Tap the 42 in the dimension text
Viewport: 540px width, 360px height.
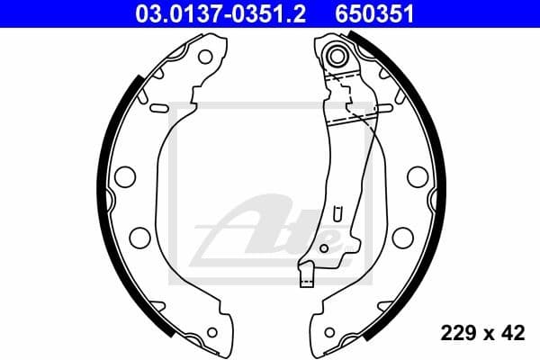pyautogui.click(x=514, y=334)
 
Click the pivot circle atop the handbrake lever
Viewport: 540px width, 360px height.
pyautogui.click(x=339, y=56)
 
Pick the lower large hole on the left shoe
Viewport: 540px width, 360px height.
pyautogui.click(x=139, y=237)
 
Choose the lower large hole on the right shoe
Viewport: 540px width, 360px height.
pyautogui.click(x=402, y=237)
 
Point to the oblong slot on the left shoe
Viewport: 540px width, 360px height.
pyautogui.click(x=157, y=109)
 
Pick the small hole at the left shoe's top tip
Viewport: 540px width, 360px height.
pyautogui.click(x=204, y=57)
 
